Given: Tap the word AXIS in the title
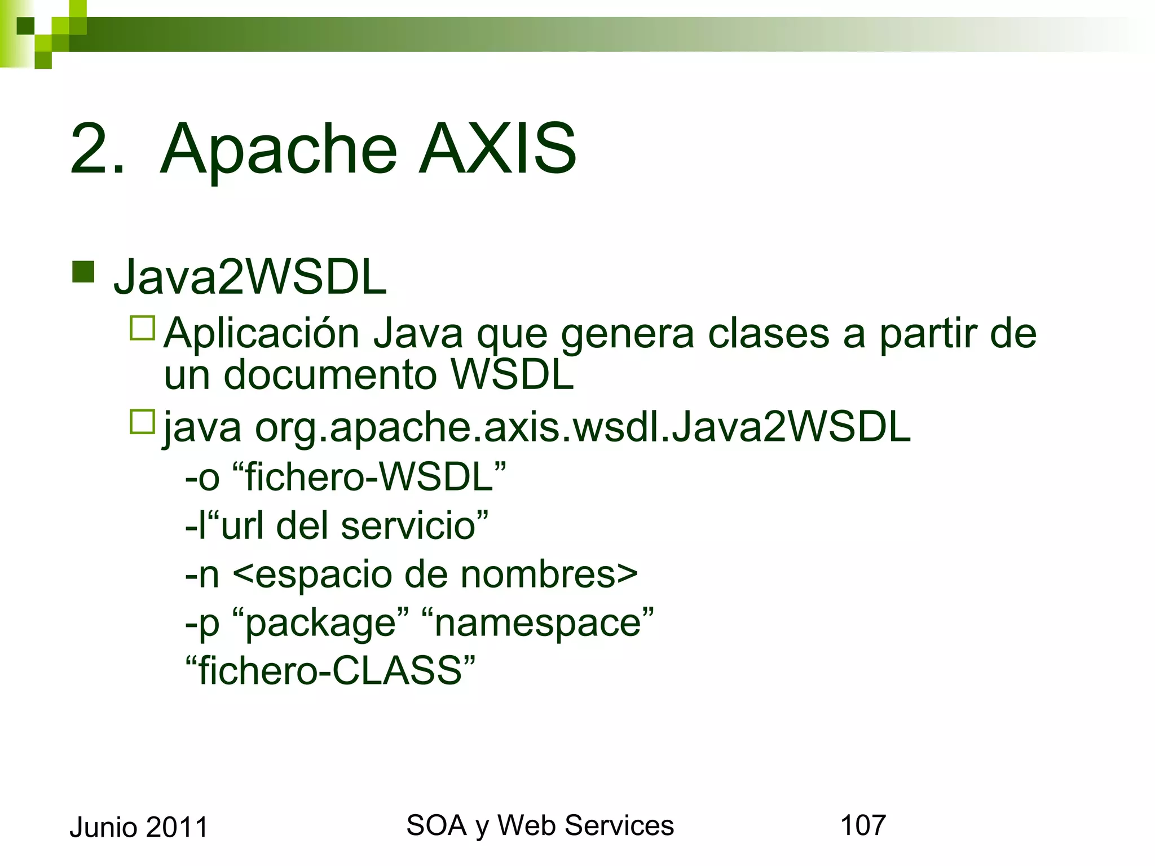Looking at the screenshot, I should [x=497, y=149].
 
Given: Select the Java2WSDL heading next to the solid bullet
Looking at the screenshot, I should [x=250, y=277].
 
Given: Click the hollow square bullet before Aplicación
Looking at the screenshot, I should [x=142, y=328].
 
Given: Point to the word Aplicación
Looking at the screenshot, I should [x=262, y=334].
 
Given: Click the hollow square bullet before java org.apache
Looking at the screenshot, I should [x=142, y=422].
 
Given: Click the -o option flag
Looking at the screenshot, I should [x=202, y=477].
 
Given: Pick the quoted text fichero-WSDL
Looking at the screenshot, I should [x=369, y=477].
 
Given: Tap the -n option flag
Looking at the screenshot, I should [x=202, y=575].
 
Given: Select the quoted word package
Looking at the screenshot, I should [x=320, y=624].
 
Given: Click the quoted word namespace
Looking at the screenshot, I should [x=537, y=624].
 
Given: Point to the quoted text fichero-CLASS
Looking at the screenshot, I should [x=330, y=671].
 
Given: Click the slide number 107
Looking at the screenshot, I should [x=863, y=825].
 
